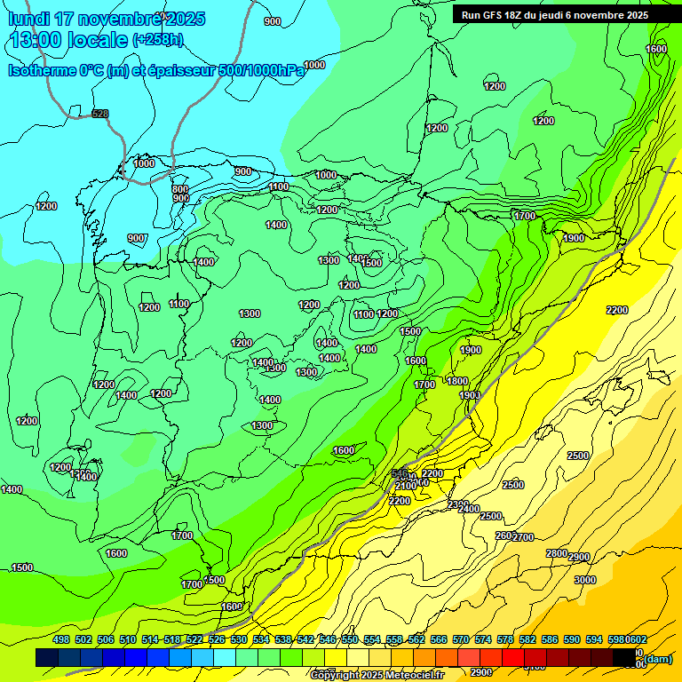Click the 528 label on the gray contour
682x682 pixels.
(x=100, y=114)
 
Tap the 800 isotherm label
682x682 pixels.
(x=180, y=189)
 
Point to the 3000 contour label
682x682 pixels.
(x=585, y=580)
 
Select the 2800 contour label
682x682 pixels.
(x=556, y=553)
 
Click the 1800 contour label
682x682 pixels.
(x=457, y=381)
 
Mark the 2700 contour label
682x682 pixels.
(x=524, y=537)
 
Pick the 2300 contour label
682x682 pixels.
(x=458, y=504)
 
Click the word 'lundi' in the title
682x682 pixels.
(x=28, y=19)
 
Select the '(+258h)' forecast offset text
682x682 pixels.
(x=158, y=40)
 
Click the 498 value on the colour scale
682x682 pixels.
(x=61, y=639)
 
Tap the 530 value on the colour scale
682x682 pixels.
(x=239, y=639)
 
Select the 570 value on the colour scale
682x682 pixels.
(x=461, y=639)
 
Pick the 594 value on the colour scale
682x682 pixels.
(x=594, y=639)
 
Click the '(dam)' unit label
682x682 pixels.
(x=658, y=658)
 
